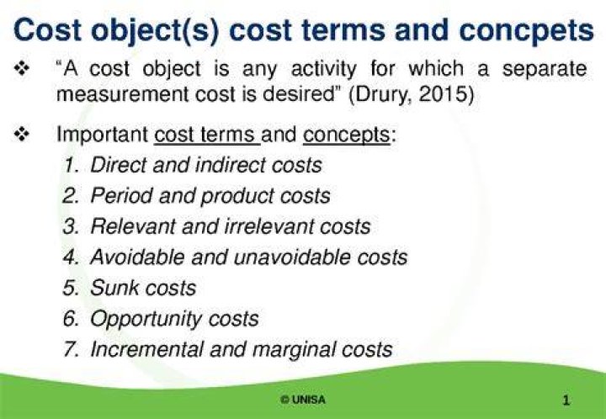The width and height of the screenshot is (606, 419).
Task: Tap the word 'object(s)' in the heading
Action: click(x=155, y=31)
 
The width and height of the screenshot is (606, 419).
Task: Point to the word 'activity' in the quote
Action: click(x=323, y=70)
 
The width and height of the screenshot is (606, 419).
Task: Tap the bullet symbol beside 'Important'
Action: click(x=22, y=135)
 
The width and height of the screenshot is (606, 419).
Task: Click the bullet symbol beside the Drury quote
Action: click(x=22, y=69)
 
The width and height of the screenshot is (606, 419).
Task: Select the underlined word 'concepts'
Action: click(x=347, y=135)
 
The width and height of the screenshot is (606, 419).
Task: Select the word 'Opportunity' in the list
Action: click(x=146, y=320)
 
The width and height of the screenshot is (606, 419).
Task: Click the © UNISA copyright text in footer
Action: click(x=303, y=400)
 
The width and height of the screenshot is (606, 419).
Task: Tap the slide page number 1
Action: click(x=566, y=400)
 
